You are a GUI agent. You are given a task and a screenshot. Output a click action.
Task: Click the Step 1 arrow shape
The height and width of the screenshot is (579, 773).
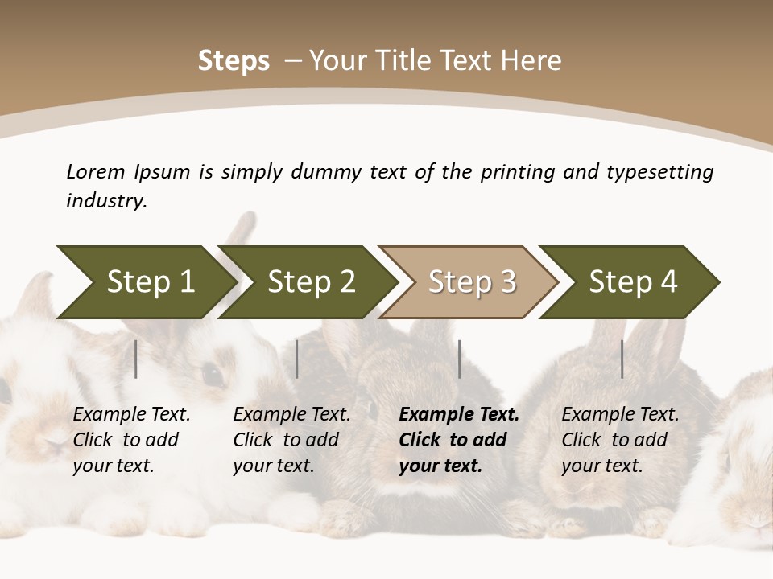click(x=150, y=282)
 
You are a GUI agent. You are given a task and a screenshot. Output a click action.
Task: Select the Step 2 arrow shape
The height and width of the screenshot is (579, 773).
click(x=311, y=282)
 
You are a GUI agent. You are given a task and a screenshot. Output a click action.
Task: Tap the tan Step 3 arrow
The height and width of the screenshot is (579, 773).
click(x=472, y=282)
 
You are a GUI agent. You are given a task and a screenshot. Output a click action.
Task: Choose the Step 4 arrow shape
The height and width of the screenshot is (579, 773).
click(x=633, y=282)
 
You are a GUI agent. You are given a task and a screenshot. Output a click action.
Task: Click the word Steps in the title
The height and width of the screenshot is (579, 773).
click(x=234, y=61)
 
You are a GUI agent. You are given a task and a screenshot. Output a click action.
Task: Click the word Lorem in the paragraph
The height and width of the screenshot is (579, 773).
click(x=95, y=171)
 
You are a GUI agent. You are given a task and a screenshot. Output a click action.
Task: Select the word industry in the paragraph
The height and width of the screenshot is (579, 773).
click(x=105, y=200)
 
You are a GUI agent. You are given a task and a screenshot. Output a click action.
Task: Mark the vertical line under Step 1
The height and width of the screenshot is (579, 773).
click(x=136, y=359)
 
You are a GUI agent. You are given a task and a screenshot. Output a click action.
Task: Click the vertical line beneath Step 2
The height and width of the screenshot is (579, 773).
click(x=297, y=359)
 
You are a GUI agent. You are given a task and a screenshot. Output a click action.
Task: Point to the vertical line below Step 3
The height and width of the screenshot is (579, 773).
click(x=459, y=359)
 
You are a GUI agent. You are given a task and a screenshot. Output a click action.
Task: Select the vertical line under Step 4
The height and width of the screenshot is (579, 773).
click(x=622, y=359)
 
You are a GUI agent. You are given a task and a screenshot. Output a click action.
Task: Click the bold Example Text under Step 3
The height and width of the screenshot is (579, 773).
click(x=459, y=415)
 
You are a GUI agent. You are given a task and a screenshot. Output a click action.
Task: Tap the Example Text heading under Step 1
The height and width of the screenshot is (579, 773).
click(x=131, y=415)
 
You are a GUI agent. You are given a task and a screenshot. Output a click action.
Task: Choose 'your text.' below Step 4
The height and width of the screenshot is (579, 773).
click(x=601, y=466)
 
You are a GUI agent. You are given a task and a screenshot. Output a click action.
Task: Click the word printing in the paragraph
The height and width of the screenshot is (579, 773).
click(x=519, y=171)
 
